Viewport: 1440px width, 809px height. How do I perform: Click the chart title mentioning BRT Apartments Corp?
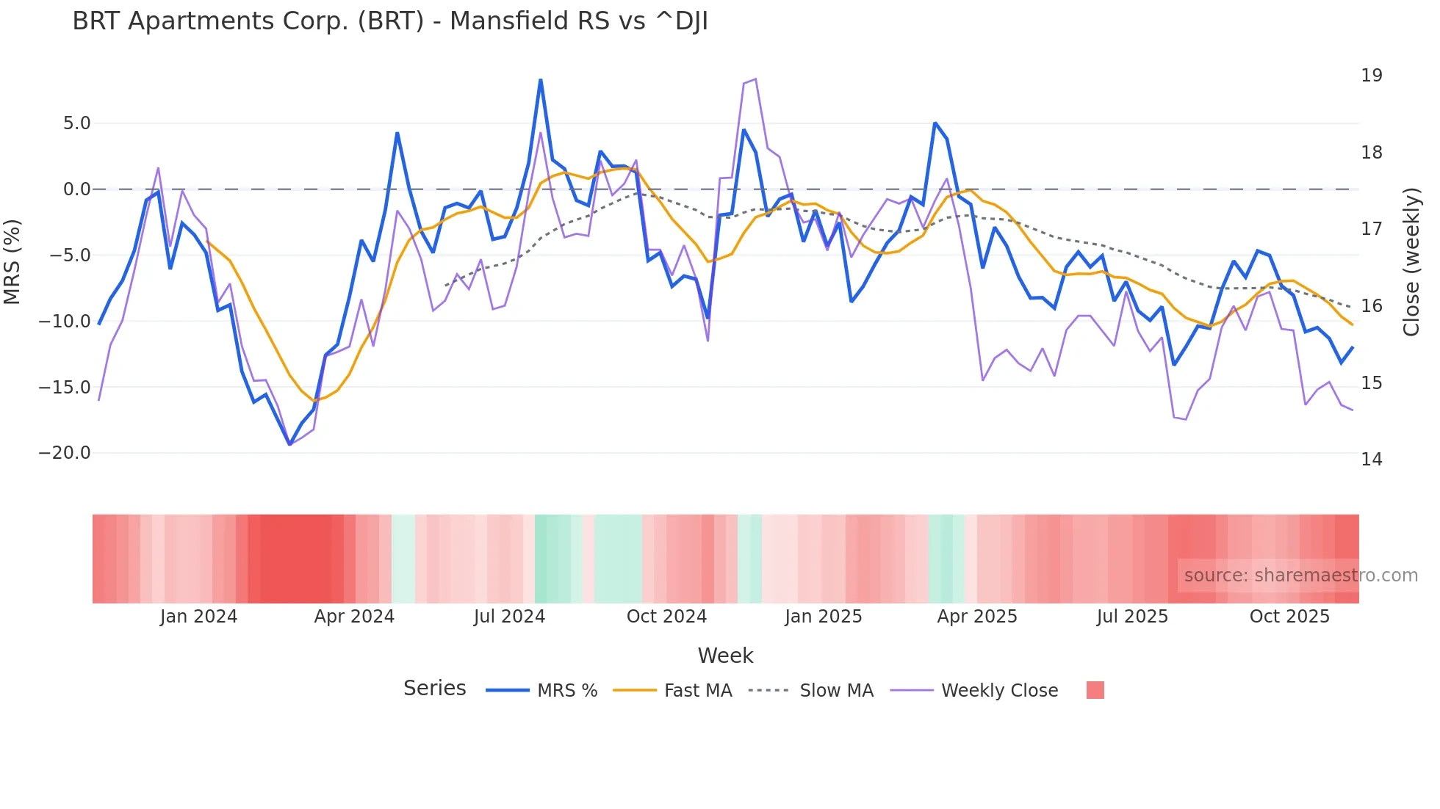[x=390, y=21]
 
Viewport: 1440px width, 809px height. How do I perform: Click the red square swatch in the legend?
[x=1095, y=690]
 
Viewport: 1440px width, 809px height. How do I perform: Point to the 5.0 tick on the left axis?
[x=76, y=123]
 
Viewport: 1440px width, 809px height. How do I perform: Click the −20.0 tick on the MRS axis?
[x=65, y=453]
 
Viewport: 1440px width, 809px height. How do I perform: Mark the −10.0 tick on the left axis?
[x=65, y=321]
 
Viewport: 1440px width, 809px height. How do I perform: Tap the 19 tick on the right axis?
[x=1371, y=76]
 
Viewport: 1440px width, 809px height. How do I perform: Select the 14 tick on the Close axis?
[x=1371, y=460]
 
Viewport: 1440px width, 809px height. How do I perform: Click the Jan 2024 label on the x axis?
[x=198, y=617]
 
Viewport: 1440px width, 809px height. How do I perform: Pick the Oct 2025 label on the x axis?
[x=1289, y=617]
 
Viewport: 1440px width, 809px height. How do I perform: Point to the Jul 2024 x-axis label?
[x=509, y=617]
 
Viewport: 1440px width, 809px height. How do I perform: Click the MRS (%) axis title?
[x=12, y=262]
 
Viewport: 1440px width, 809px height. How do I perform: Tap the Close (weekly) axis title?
[x=1411, y=262]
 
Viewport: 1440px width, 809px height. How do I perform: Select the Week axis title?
[x=725, y=656]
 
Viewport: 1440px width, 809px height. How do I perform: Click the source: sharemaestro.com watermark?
[x=1300, y=576]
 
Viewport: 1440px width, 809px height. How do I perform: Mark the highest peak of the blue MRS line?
[x=541, y=80]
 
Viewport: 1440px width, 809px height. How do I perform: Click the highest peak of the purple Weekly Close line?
[x=755, y=79]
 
